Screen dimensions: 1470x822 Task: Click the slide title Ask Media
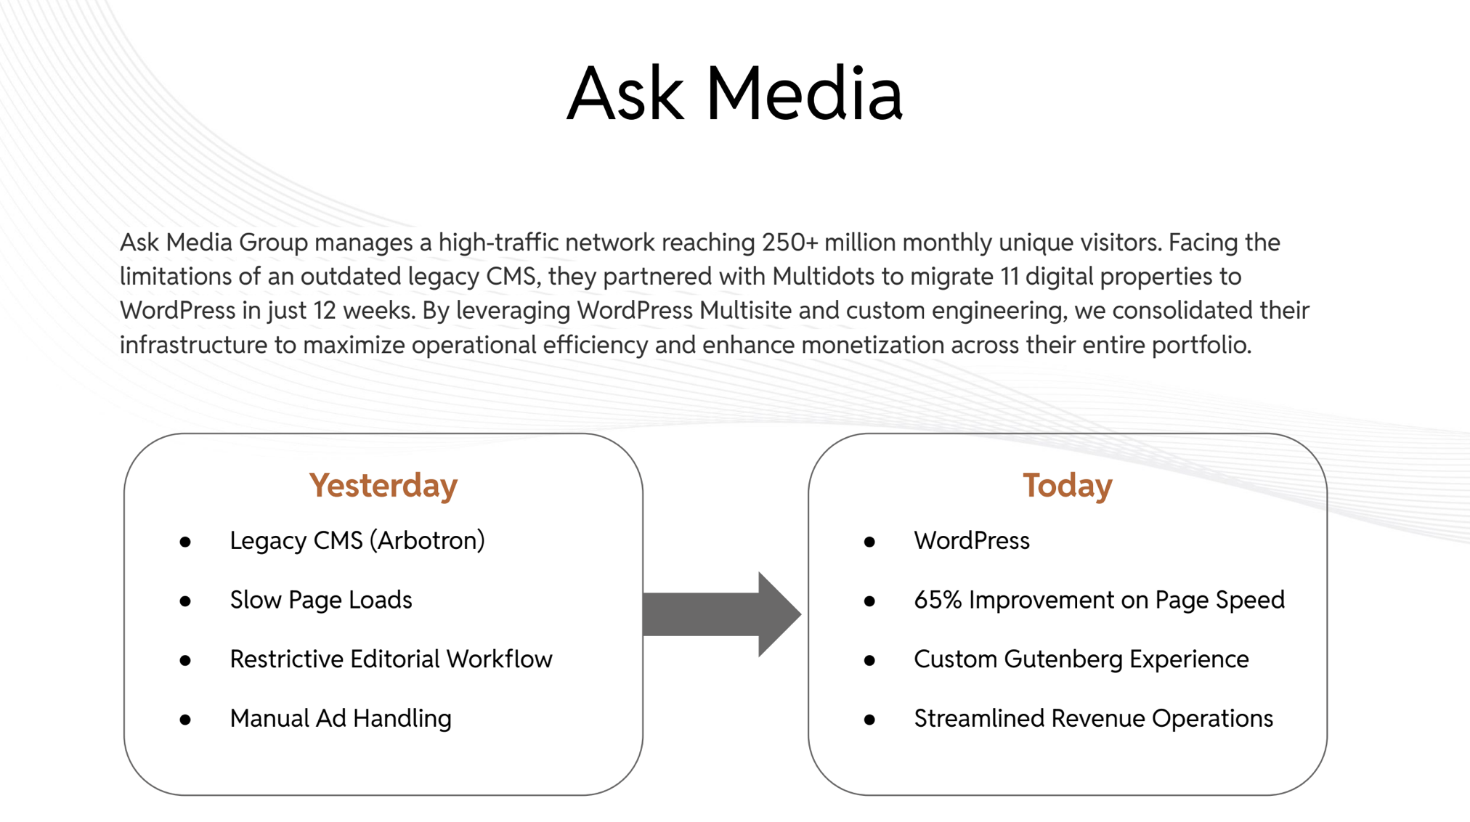coord(734,94)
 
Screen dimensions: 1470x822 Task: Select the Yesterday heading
coord(383,486)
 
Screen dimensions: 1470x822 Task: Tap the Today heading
coord(1068,485)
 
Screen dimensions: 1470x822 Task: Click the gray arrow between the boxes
coord(722,614)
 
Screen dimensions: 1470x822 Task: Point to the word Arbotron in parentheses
coord(429,540)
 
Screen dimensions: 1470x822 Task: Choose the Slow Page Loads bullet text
coord(321,600)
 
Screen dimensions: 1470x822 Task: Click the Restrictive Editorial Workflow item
coord(391,659)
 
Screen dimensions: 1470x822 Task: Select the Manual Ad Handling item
coord(341,718)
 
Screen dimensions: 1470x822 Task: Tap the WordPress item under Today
coord(972,540)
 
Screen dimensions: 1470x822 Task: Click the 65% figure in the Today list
coord(938,600)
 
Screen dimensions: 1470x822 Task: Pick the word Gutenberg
coord(1063,659)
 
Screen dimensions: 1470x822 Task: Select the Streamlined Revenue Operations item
coord(1094,718)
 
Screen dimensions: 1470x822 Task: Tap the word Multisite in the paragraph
coord(745,310)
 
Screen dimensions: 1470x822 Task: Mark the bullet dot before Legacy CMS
coord(185,542)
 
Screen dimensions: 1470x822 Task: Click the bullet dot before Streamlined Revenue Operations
coord(869,720)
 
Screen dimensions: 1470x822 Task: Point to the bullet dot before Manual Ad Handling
coord(185,720)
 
